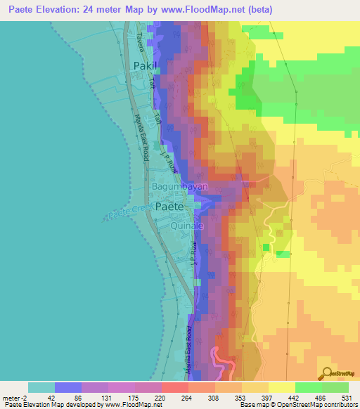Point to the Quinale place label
[x=188, y=226]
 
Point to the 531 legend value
[x=345, y=398]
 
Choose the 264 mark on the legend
[x=186, y=398]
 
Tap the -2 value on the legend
[x=27, y=398]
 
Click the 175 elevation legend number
[x=133, y=398]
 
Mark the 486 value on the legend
[x=319, y=398]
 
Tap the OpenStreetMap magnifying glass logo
[x=325, y=372]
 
